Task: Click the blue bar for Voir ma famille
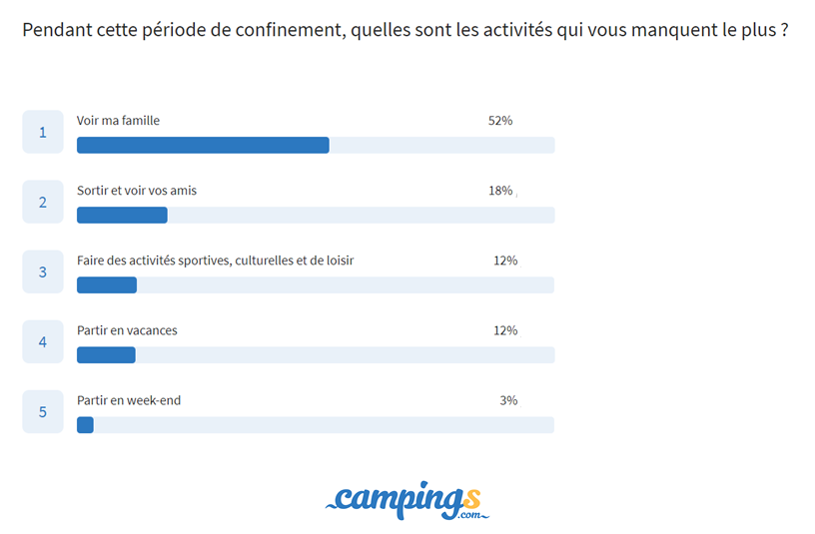tap(203, 145)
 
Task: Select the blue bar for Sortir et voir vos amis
tap(122, 215)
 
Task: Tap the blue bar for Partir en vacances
tap(106, 354)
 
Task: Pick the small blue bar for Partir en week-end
tap(85, 424)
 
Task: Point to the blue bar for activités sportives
tap(107, 284)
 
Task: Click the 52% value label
tap(499, 121)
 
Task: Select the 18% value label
tap(499, 191)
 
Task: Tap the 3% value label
tap(508, 400)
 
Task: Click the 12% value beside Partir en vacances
tap(504, 330)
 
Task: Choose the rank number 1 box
tap(43, 132)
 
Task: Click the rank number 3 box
tap(43, 271)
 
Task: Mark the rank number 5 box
tap(43, 411)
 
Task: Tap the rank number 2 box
tap(43, 202)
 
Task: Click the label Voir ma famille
tap(118, 121)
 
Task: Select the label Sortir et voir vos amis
tap(137, 191)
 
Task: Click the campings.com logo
tap(407, 499)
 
